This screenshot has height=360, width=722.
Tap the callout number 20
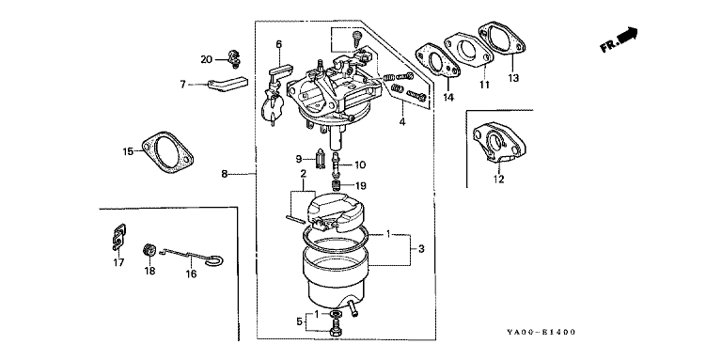[207, 59]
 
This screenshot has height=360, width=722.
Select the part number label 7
[182, 85]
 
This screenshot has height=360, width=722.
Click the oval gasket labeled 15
[166, 152]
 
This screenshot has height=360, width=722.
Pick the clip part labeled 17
[118, 237]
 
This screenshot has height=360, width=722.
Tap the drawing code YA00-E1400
[541, 332]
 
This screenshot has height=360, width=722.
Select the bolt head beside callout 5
[336, 331]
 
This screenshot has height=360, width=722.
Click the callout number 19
[361, 186]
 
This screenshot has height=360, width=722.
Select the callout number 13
[513, 78]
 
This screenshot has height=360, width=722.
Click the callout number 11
[484, 85]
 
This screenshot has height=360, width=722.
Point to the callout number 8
[225, 174]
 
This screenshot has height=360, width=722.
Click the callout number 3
[421, 249]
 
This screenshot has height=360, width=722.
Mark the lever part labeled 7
[227, 86]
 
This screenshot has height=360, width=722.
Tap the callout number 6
[278, 45]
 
